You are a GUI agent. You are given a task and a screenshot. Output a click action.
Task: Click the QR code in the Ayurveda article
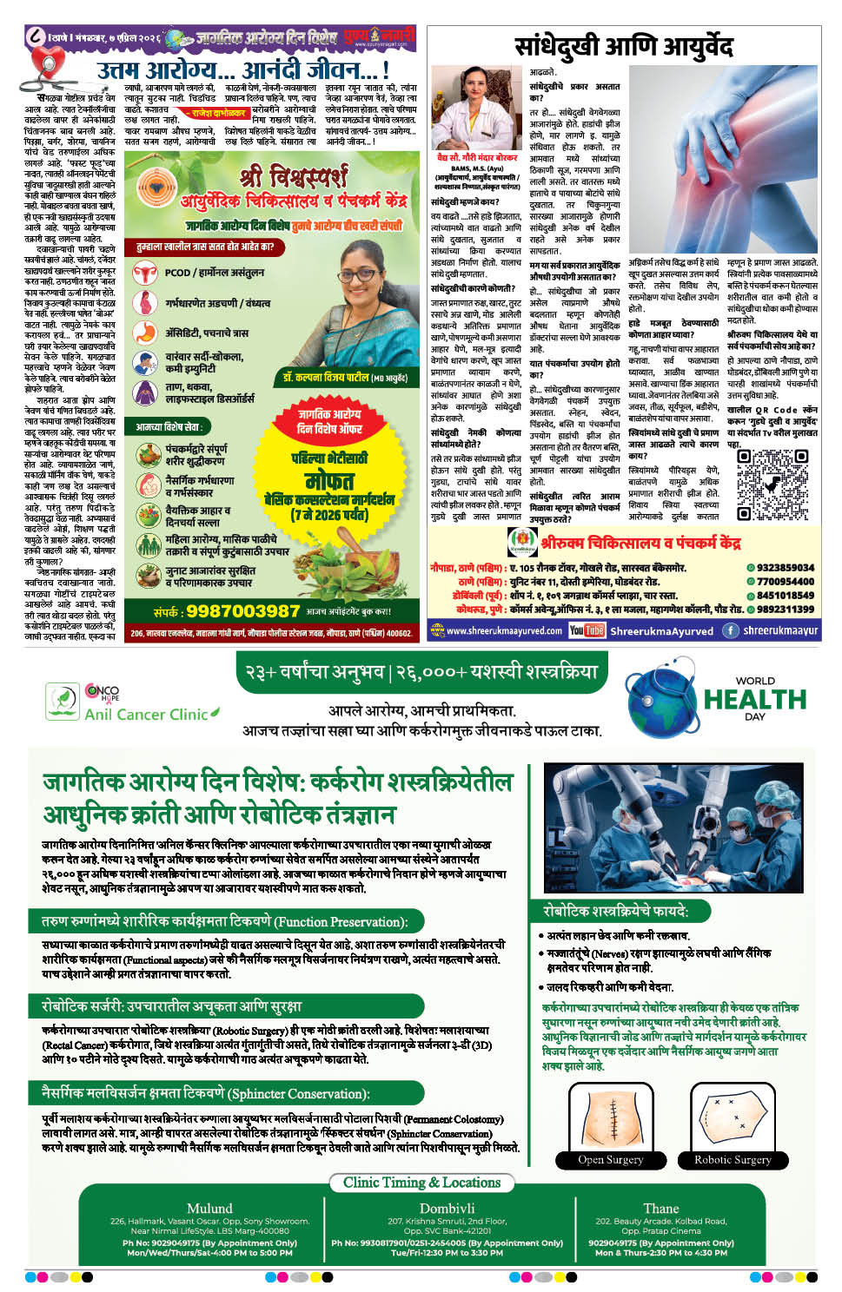[x=772, y=484]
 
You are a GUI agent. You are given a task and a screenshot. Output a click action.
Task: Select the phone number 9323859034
[x=785, y=568]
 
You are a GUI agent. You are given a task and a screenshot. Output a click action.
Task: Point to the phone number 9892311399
[x=785, y=609]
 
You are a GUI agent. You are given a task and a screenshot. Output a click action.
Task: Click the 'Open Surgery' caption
[x=611, y=1159]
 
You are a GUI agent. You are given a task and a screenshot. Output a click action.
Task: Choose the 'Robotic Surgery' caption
[x=733, y=1159]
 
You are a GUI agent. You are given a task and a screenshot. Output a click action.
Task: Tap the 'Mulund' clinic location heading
[x=209, y=1208]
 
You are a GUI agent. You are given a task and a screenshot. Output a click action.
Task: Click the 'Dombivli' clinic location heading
[x=447, y=1208]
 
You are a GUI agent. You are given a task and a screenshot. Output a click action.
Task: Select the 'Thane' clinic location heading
[x=660, y=1208]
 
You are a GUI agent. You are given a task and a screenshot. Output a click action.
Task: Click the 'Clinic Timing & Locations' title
[x=421, y=1183]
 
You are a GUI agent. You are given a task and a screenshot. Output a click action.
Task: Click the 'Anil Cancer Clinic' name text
[x=146, y=714]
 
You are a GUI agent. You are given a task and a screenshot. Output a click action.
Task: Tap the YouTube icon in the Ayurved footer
[x=587, y=630]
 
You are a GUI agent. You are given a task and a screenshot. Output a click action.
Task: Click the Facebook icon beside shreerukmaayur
[x=731, y=630]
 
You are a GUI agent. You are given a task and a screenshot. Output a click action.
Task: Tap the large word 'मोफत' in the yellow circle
[x=329, y=480]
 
